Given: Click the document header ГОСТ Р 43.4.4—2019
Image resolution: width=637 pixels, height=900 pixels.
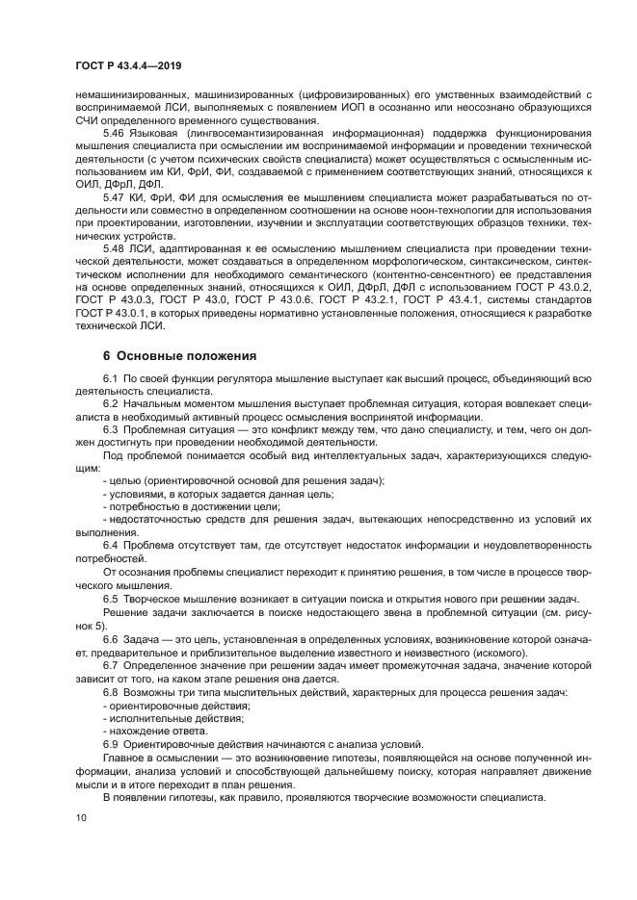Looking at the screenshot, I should (x=128, y=64).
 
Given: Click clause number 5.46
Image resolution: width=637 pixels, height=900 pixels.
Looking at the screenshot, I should (x=115, y=133).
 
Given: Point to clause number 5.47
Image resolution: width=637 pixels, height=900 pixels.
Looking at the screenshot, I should (x=115, y=195).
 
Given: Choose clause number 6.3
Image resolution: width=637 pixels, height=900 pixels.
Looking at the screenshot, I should (x=110, y=429).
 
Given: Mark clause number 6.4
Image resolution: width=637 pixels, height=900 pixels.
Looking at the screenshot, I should (x=110, y=546).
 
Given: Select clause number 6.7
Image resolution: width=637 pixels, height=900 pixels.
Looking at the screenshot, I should (x=110, y=665).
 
